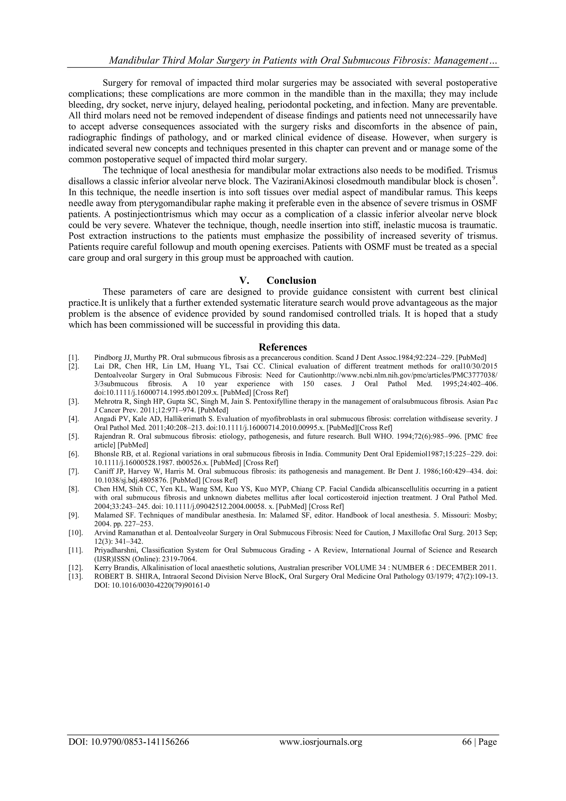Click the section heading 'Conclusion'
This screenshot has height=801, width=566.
point(291,281)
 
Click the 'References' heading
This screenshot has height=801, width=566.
point(283,347)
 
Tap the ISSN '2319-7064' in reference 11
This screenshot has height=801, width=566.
point(177,559)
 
